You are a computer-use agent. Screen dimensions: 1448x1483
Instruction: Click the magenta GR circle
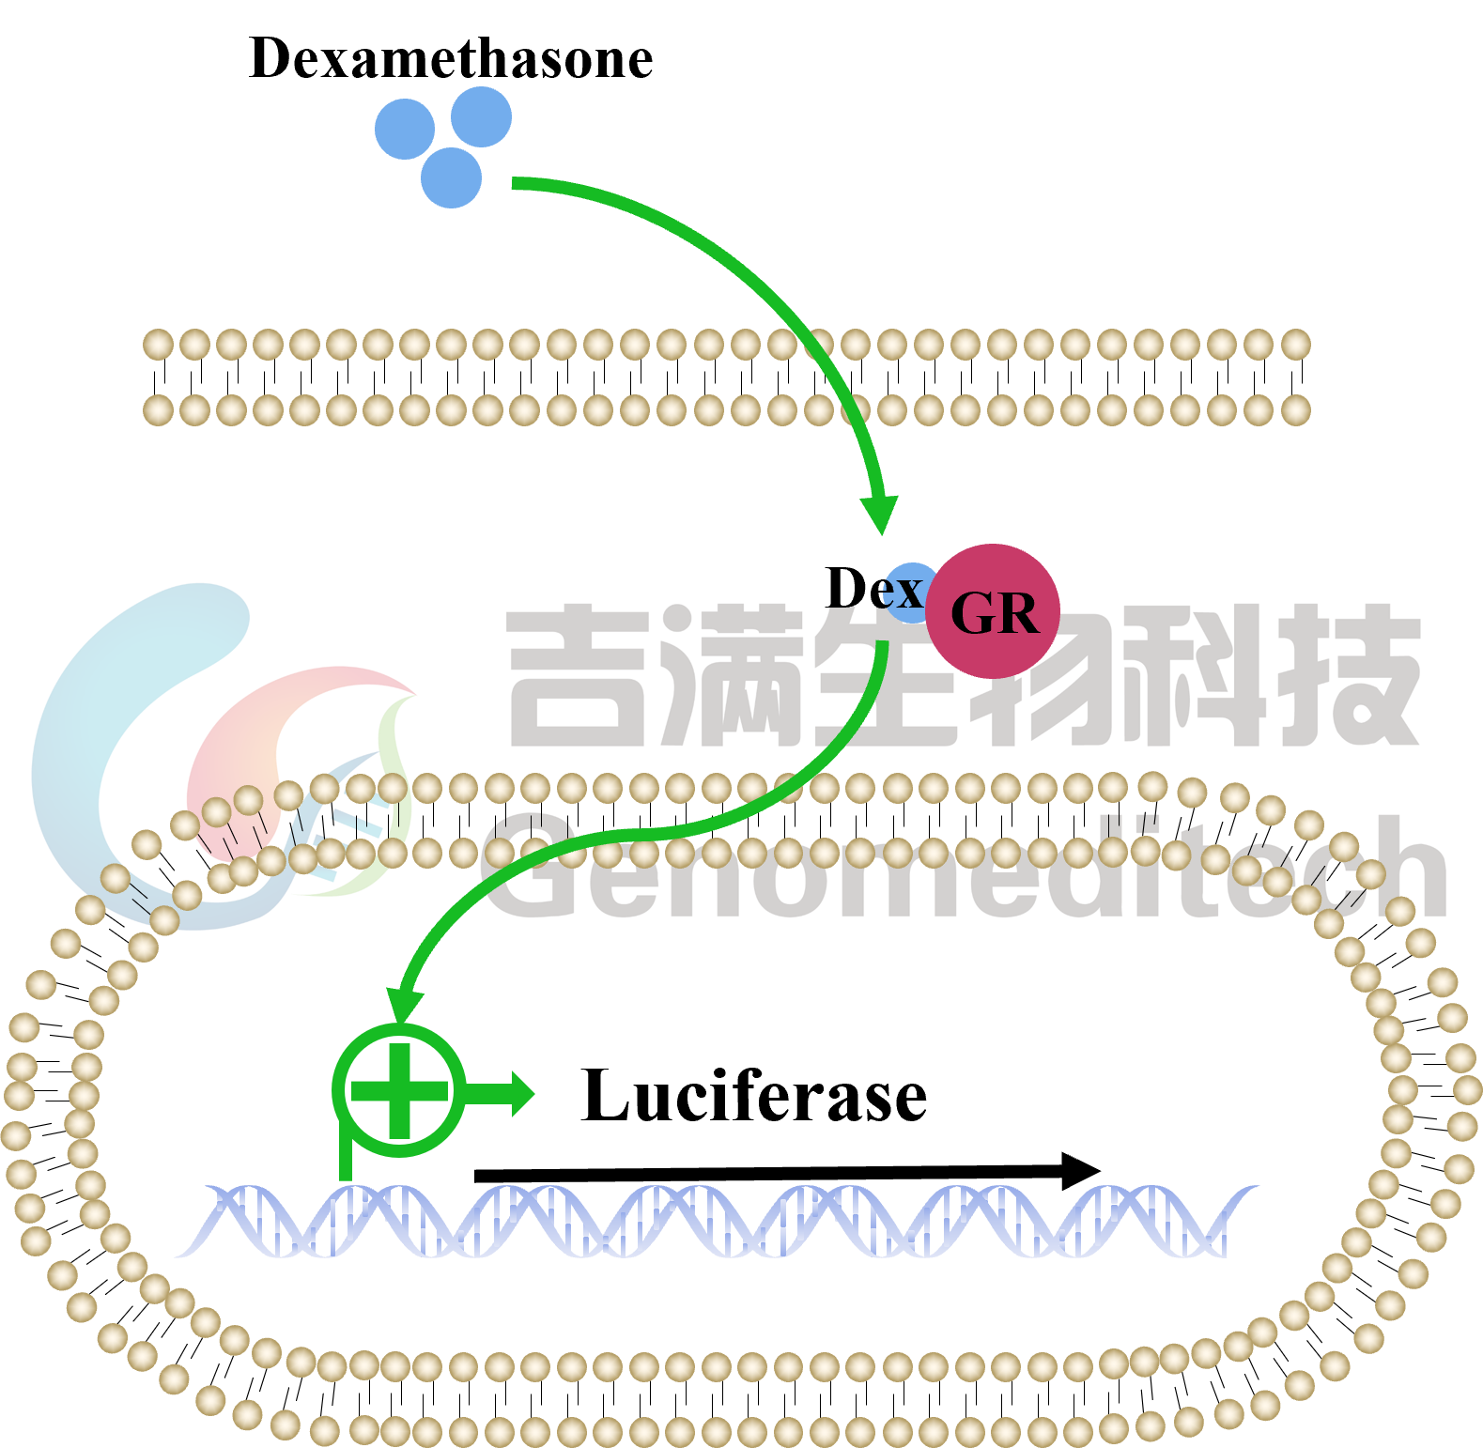[993, 611]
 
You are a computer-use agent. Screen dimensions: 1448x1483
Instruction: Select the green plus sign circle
[399, 1090]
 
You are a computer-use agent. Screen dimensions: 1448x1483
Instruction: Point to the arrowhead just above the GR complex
[880, 513]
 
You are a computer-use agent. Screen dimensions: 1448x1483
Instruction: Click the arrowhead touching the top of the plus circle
[403, 1006]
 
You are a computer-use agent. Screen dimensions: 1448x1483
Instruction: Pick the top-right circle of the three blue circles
[481, 117]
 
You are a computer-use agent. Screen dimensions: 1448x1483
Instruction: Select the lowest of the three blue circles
[451, 177]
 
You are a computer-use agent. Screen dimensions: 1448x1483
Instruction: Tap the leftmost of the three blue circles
[405, 130]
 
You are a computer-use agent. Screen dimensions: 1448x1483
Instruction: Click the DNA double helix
[714, 1221]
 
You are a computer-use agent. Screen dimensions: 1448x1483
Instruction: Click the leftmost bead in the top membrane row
[158, 345]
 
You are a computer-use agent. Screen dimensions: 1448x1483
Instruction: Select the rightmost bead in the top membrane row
[1295, 345]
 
